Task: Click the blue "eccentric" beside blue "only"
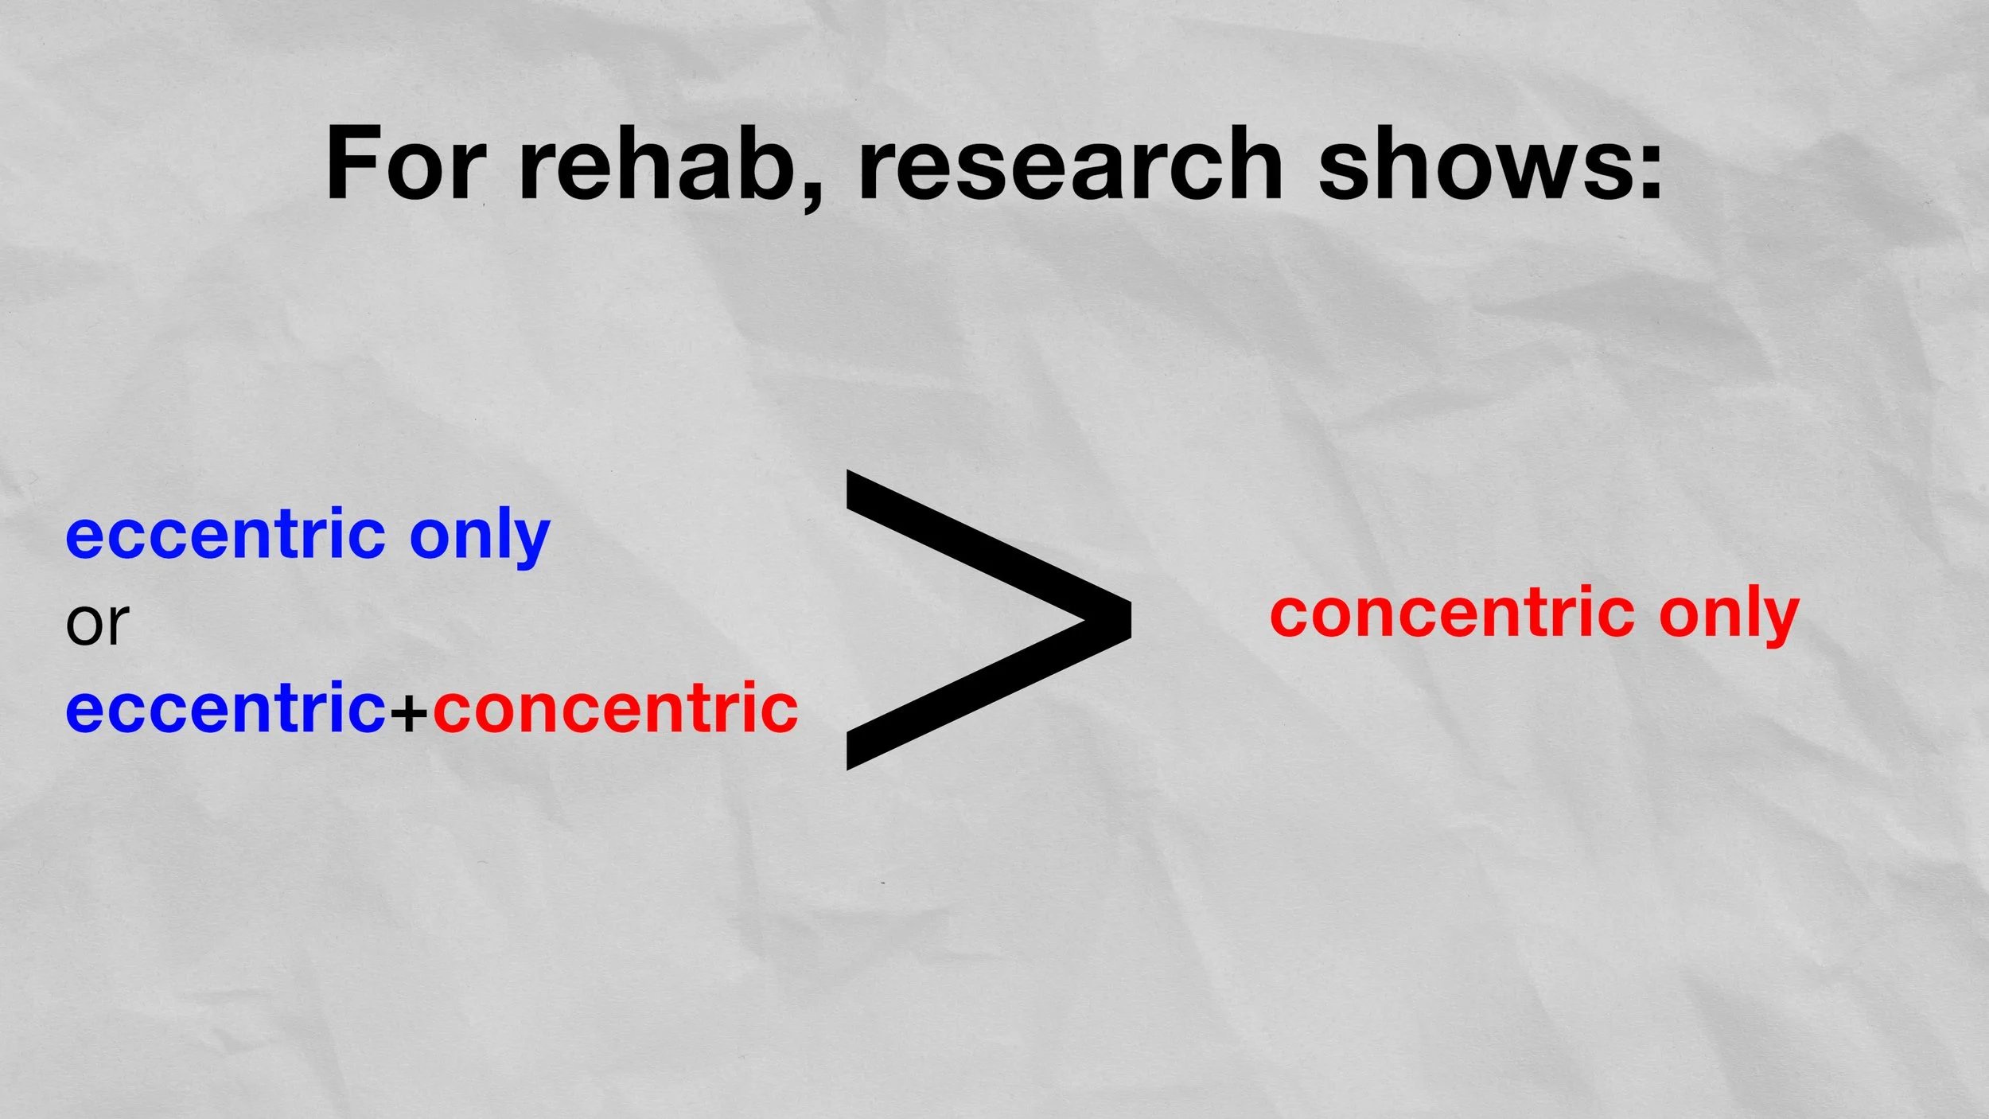coord(226,535)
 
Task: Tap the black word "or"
coord(97,623)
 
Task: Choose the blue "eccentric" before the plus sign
coord(226,708)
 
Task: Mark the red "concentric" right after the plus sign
coord(616,708)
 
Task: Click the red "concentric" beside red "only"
coord(1453,614)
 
